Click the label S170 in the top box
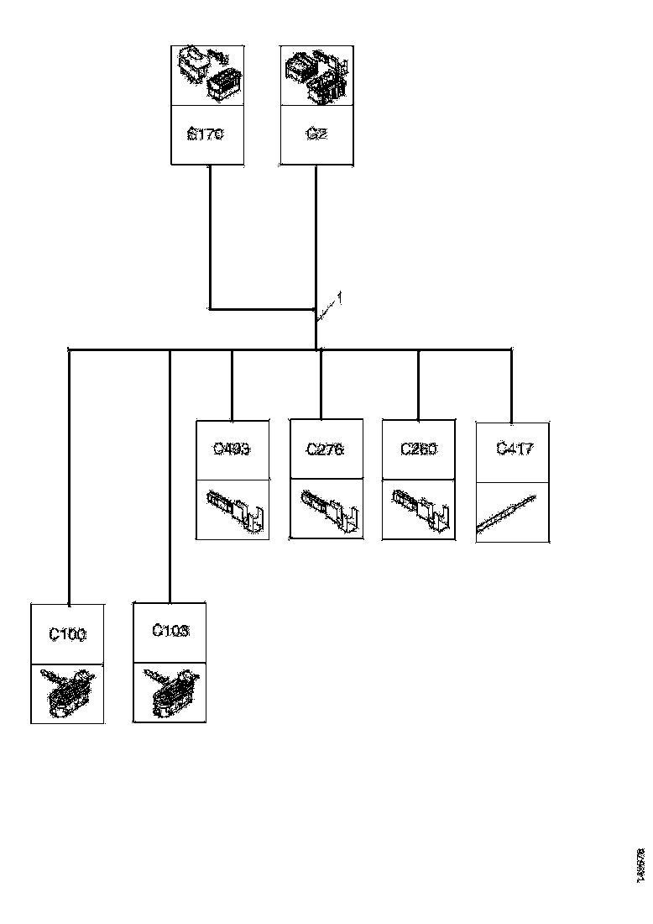pyautogui.click(x=207, y=134)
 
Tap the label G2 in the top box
pyautogui.click(x=316, y=134)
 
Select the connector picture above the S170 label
pyautogui.click(x=207, y=75)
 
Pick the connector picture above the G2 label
pyautogui.click(x=316, y=76)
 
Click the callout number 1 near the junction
pyautogui.click(x=338, y=297)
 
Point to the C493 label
pyautogui.click(x=232, y=449)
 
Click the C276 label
pyautogui.click(x=326, y=449)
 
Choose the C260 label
pyautogui.click(x=418, y=449)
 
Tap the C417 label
pyautogui.click(x=513, y=449)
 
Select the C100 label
pyautogui.click(x=67, y=634)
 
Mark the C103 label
pyautogui.click(x=170, y=630)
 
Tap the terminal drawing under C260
pyautogui.click(x=419, y=509)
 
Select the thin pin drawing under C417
pyautogui.click(x=506, y=513)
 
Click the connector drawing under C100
pyautogui.click(x=68, y=693)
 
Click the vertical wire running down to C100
pyautogui.click(x=68, y=479)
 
